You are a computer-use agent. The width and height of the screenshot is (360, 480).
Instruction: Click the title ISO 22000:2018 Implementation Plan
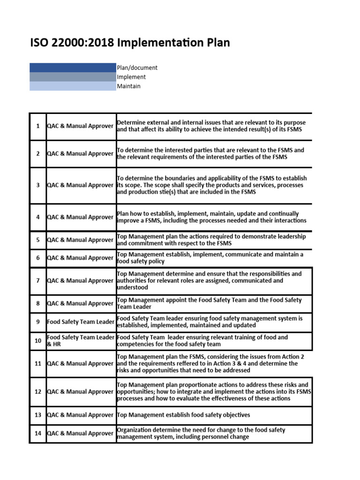(x=130, y=43)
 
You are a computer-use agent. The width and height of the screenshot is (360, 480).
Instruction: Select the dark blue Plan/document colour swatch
(x=73, y=67)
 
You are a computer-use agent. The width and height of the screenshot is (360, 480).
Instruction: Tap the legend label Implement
(x=131, y=77)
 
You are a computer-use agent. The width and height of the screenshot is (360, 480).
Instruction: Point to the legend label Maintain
(x=128, y=86)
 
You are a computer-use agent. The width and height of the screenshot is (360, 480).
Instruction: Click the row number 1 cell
(x=38, y=126)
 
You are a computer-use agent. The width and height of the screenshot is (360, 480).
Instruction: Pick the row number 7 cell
(x=38, y=281)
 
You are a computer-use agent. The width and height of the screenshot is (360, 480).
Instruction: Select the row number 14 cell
(x=38, y=434)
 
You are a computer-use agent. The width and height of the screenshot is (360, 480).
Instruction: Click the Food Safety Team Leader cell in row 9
(x=81, y=322)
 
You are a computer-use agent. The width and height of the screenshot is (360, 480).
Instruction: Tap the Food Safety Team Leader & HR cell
(x=81, y=341)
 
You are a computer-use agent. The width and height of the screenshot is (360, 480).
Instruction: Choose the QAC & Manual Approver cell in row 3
(x=81, y=185)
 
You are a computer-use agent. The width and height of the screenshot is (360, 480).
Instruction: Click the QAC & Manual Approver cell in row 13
(x=81, y=415)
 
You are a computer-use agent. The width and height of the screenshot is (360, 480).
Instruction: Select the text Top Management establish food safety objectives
(x=183, y=415)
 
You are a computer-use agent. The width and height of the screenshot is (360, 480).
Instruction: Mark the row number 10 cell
(x=38, y=341)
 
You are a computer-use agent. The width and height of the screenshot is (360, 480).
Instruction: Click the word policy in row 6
(x=155, y=262)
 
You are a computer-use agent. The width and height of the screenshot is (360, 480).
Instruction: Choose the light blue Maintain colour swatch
(x=73, y=86)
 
